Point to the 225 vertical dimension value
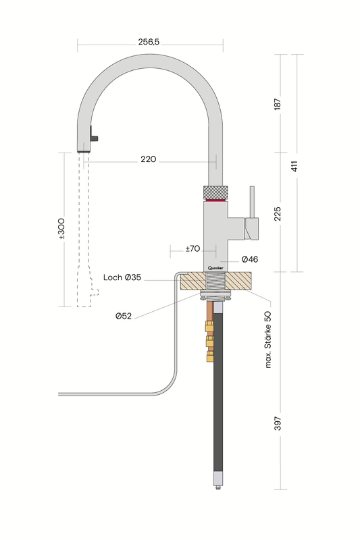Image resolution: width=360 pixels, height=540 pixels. tap(277, 213)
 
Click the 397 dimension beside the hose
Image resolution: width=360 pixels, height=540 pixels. tap(277, 423)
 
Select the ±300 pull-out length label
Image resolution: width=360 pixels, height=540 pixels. tap(61, 230)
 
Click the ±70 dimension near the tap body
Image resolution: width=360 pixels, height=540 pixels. tap(192, 248)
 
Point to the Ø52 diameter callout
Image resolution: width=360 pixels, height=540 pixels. tap(123, 316)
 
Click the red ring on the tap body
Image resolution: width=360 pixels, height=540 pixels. tap(216, 200)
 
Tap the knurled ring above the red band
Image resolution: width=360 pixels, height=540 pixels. tap(216, 190)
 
